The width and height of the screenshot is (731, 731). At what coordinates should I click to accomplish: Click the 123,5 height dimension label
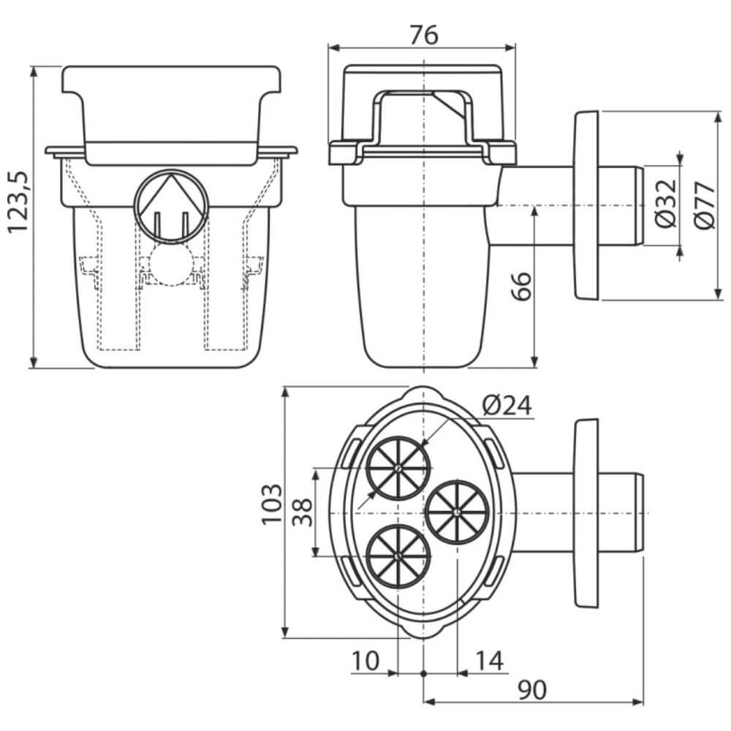coord(19,202)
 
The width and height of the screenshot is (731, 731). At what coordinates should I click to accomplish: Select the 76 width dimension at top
coord(424,35)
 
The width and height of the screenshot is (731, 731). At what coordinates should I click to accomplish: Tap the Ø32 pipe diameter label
coord(666,202)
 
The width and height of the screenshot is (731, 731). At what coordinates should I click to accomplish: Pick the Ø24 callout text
coord(507,405)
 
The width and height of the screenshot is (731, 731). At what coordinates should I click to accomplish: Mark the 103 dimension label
coord(272,504)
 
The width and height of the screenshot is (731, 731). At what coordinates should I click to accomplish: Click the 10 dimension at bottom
coord(365,661)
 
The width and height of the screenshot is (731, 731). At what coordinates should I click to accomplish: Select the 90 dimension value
coord(532,690)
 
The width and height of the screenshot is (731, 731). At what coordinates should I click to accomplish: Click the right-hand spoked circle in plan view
coord(458,512)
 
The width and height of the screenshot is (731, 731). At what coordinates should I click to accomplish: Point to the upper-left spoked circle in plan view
coord(398,468)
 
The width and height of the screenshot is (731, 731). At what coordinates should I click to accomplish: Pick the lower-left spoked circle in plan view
coord(398,556)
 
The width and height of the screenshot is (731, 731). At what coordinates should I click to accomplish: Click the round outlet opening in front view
coord(171,206)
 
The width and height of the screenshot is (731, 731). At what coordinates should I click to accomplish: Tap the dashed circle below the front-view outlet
coord(171,264)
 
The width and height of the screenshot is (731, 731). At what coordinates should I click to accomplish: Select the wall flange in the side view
coord(586,205)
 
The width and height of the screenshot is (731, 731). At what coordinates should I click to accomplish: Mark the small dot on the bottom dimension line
coord(423,673)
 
